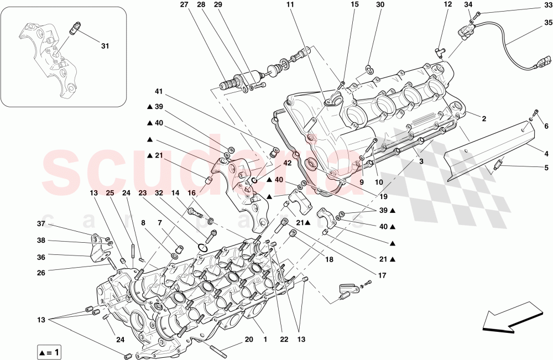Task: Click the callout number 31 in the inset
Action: tap(105, 46)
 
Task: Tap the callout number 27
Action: tap(184, 5)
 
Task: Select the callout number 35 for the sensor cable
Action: tap(547, 23)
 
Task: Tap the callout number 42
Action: tap(288, 163)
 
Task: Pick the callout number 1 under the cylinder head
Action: tap(264, 340)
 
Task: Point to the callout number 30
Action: tap(380, 5)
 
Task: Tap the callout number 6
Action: tap(546, 127)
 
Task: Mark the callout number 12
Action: tap(447, 5)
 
